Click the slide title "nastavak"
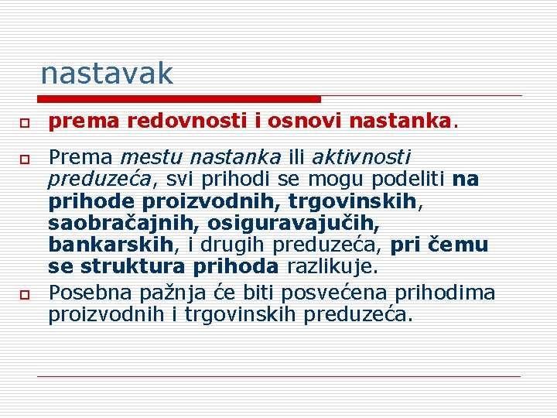pos(107,74)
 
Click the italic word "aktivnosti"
pos(361,158)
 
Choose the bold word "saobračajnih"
pos(119,224)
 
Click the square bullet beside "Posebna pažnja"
pos(26,295)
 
